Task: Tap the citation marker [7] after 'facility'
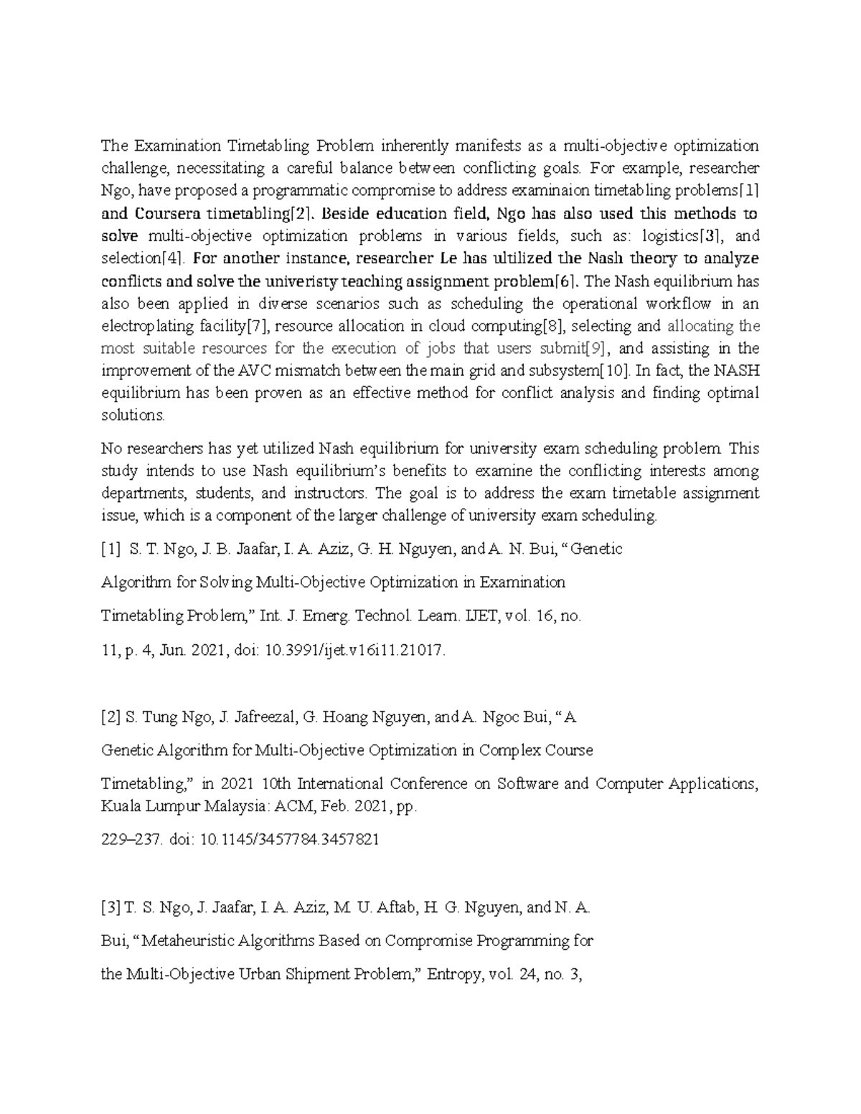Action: (257, 326)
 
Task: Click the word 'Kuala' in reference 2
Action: (121, 806)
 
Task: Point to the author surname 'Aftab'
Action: (395, 907)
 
